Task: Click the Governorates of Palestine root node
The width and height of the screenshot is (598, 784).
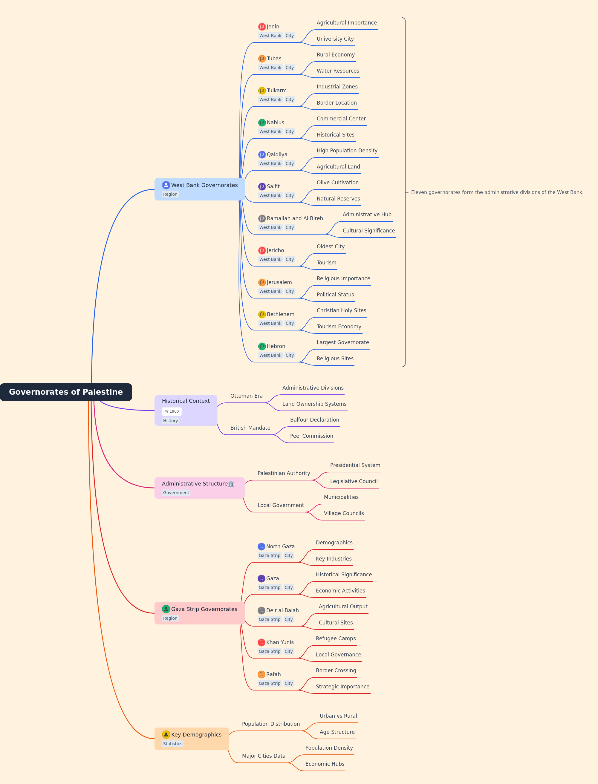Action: coord(66,392)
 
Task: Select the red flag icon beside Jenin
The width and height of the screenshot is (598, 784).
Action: coord(262,27)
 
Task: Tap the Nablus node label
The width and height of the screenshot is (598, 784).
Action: coord(276,122)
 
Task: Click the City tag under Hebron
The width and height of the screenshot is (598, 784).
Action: coord(290,355)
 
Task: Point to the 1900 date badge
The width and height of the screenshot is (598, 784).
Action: coord(172,411)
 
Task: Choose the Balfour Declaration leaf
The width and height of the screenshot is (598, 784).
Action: coord(315,419)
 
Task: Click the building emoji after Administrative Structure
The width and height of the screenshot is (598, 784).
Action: coord(231,484)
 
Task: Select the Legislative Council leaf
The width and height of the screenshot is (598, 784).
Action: coord(354,481)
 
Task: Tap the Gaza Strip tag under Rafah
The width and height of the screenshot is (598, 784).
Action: coord(270,683)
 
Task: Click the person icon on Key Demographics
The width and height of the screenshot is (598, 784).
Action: coord(166,734)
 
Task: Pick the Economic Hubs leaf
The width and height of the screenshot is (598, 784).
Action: coord(325,764)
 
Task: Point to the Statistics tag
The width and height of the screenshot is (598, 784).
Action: coord(173,744)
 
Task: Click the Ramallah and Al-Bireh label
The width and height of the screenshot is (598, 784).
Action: coord(295,218)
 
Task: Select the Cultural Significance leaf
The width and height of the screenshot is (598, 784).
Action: coord(369,231)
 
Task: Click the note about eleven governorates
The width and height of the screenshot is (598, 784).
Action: coord(497,192)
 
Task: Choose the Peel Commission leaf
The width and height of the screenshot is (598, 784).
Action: coord(312,436)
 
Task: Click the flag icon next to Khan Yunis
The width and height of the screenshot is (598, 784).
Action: coord(261,642)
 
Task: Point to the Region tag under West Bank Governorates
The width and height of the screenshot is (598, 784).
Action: coord(170,194)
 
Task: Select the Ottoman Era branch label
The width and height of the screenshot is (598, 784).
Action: coord(246,396)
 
